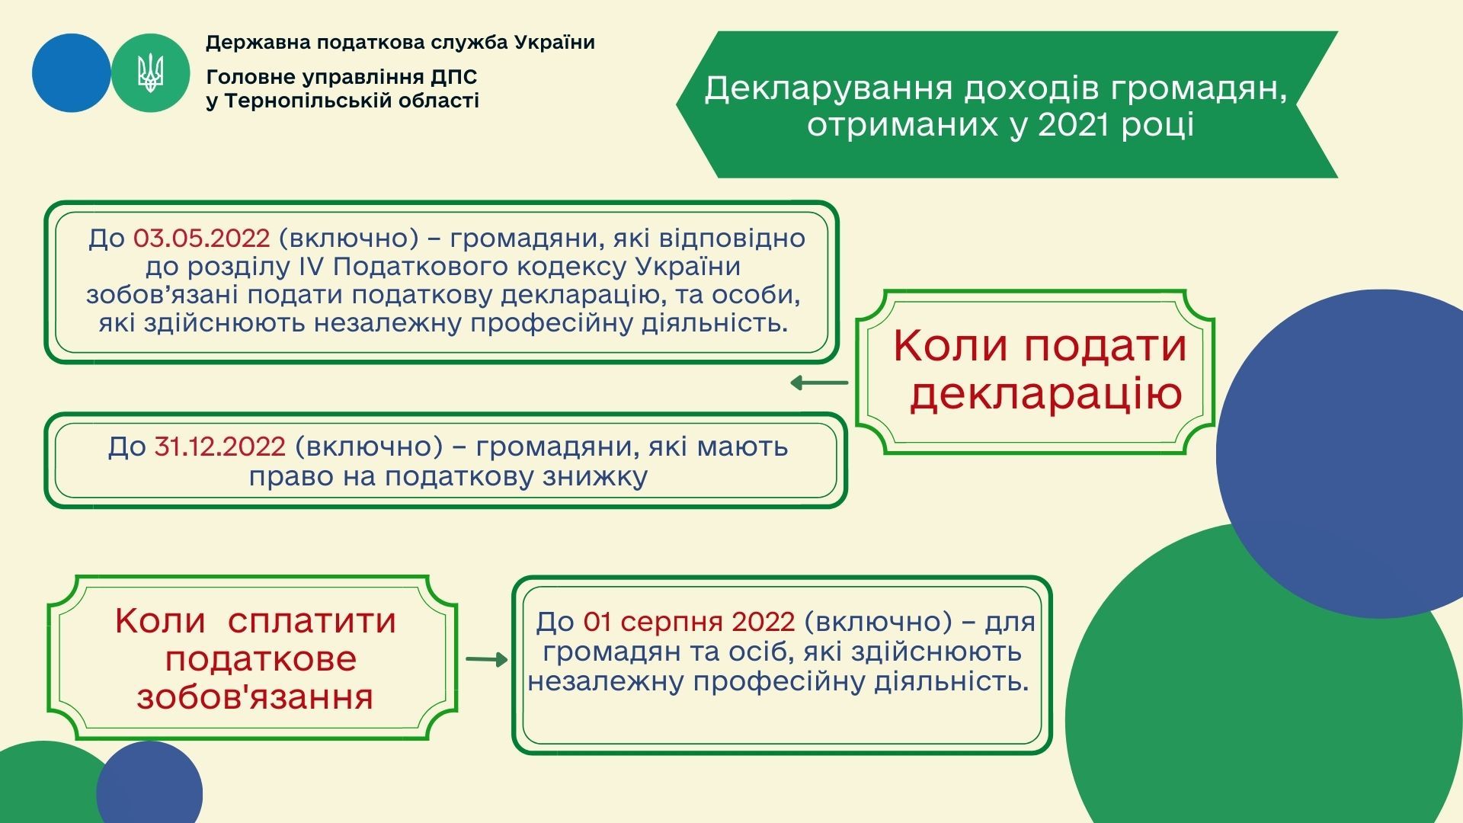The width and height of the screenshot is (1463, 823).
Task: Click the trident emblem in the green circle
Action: click(150, 73)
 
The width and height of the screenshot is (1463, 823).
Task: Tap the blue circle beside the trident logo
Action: click(72, 73)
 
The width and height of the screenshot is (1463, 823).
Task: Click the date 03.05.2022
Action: click(202, 238)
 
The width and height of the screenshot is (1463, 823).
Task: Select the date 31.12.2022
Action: click(220, 447)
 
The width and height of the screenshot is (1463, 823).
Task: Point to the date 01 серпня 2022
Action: click(689, 623)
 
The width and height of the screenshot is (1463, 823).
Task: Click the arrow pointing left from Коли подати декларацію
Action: click(819, 383)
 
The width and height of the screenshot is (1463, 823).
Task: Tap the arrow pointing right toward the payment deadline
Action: click(487, 659)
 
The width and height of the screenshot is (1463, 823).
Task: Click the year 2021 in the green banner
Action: click(1074, 125)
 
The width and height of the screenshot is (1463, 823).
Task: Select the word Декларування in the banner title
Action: click(829, 88)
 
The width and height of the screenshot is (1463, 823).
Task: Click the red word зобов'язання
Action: click(255, 697)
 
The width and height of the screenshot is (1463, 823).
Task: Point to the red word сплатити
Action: click(312, 622)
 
